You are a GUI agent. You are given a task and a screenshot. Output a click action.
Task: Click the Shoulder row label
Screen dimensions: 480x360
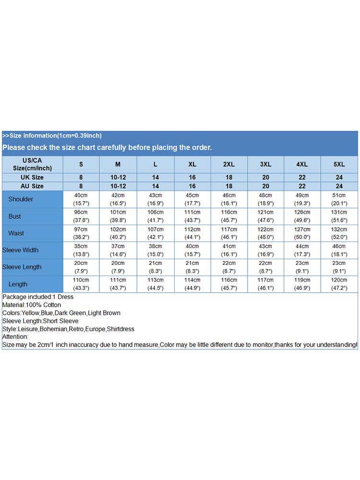(x=21, y=199)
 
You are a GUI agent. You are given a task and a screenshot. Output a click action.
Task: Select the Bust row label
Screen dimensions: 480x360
(x=15, y=216)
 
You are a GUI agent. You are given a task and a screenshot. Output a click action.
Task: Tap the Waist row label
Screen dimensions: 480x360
(x=16, y=233)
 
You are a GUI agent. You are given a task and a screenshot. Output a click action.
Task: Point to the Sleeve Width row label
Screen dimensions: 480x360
(x=20, y=250)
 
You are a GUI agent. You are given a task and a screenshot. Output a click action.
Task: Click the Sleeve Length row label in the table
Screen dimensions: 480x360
(x=22, y=267)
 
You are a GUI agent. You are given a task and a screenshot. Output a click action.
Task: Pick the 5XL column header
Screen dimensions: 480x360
(x=339, y=164)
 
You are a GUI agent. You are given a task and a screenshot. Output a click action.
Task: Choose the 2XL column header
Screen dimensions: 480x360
(x=229, y=164)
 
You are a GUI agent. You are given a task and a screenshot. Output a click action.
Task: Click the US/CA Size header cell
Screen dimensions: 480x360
(x=32, y=164)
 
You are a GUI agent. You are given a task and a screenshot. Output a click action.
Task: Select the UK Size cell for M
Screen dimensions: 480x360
(x=118, y=178)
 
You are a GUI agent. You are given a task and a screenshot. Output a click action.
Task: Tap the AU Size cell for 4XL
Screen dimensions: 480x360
(x=302, y=186)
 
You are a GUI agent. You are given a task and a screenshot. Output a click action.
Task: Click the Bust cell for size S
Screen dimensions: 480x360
(x=81, y=216)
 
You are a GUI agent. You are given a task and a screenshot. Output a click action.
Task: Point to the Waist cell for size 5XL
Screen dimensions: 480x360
(x=339, y=233)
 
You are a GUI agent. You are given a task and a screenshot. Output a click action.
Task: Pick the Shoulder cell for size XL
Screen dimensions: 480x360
(x=192, y=199)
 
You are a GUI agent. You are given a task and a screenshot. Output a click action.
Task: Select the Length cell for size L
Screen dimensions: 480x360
(x=156, y=284)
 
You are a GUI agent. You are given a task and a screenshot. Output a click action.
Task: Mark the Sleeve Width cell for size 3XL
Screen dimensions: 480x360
(x=265, y=250)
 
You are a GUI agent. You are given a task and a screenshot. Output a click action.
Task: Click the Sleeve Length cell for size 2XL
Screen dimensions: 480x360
(x=229, y=267)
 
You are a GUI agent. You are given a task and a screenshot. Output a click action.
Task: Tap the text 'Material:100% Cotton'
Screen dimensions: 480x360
(x=32, y=305)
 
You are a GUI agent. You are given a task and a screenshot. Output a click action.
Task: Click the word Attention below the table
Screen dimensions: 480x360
(x=15, y=337)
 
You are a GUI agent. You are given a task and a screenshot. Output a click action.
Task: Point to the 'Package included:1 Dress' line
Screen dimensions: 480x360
(x=37, y=297)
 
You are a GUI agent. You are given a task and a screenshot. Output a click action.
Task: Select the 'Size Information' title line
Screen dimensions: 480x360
(x=52, y=136)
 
